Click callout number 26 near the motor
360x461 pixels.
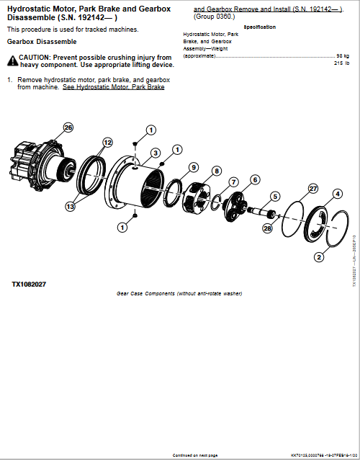point(68,127)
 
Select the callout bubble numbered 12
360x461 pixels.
point(107,143)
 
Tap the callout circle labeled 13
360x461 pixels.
point(70,206)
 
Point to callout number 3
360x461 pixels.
point(155,153)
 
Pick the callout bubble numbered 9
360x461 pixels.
point(194,167)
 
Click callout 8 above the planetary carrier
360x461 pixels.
point(217,171)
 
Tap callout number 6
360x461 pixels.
point(255,179)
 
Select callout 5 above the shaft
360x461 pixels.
point(274,196)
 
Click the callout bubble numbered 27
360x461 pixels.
point(312,188)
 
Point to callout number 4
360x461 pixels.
point(337,194)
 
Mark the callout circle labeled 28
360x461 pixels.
point(267,228)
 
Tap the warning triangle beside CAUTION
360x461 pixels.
point(12,57)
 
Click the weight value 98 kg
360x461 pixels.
point(343,55)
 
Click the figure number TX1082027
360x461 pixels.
point(29,284)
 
